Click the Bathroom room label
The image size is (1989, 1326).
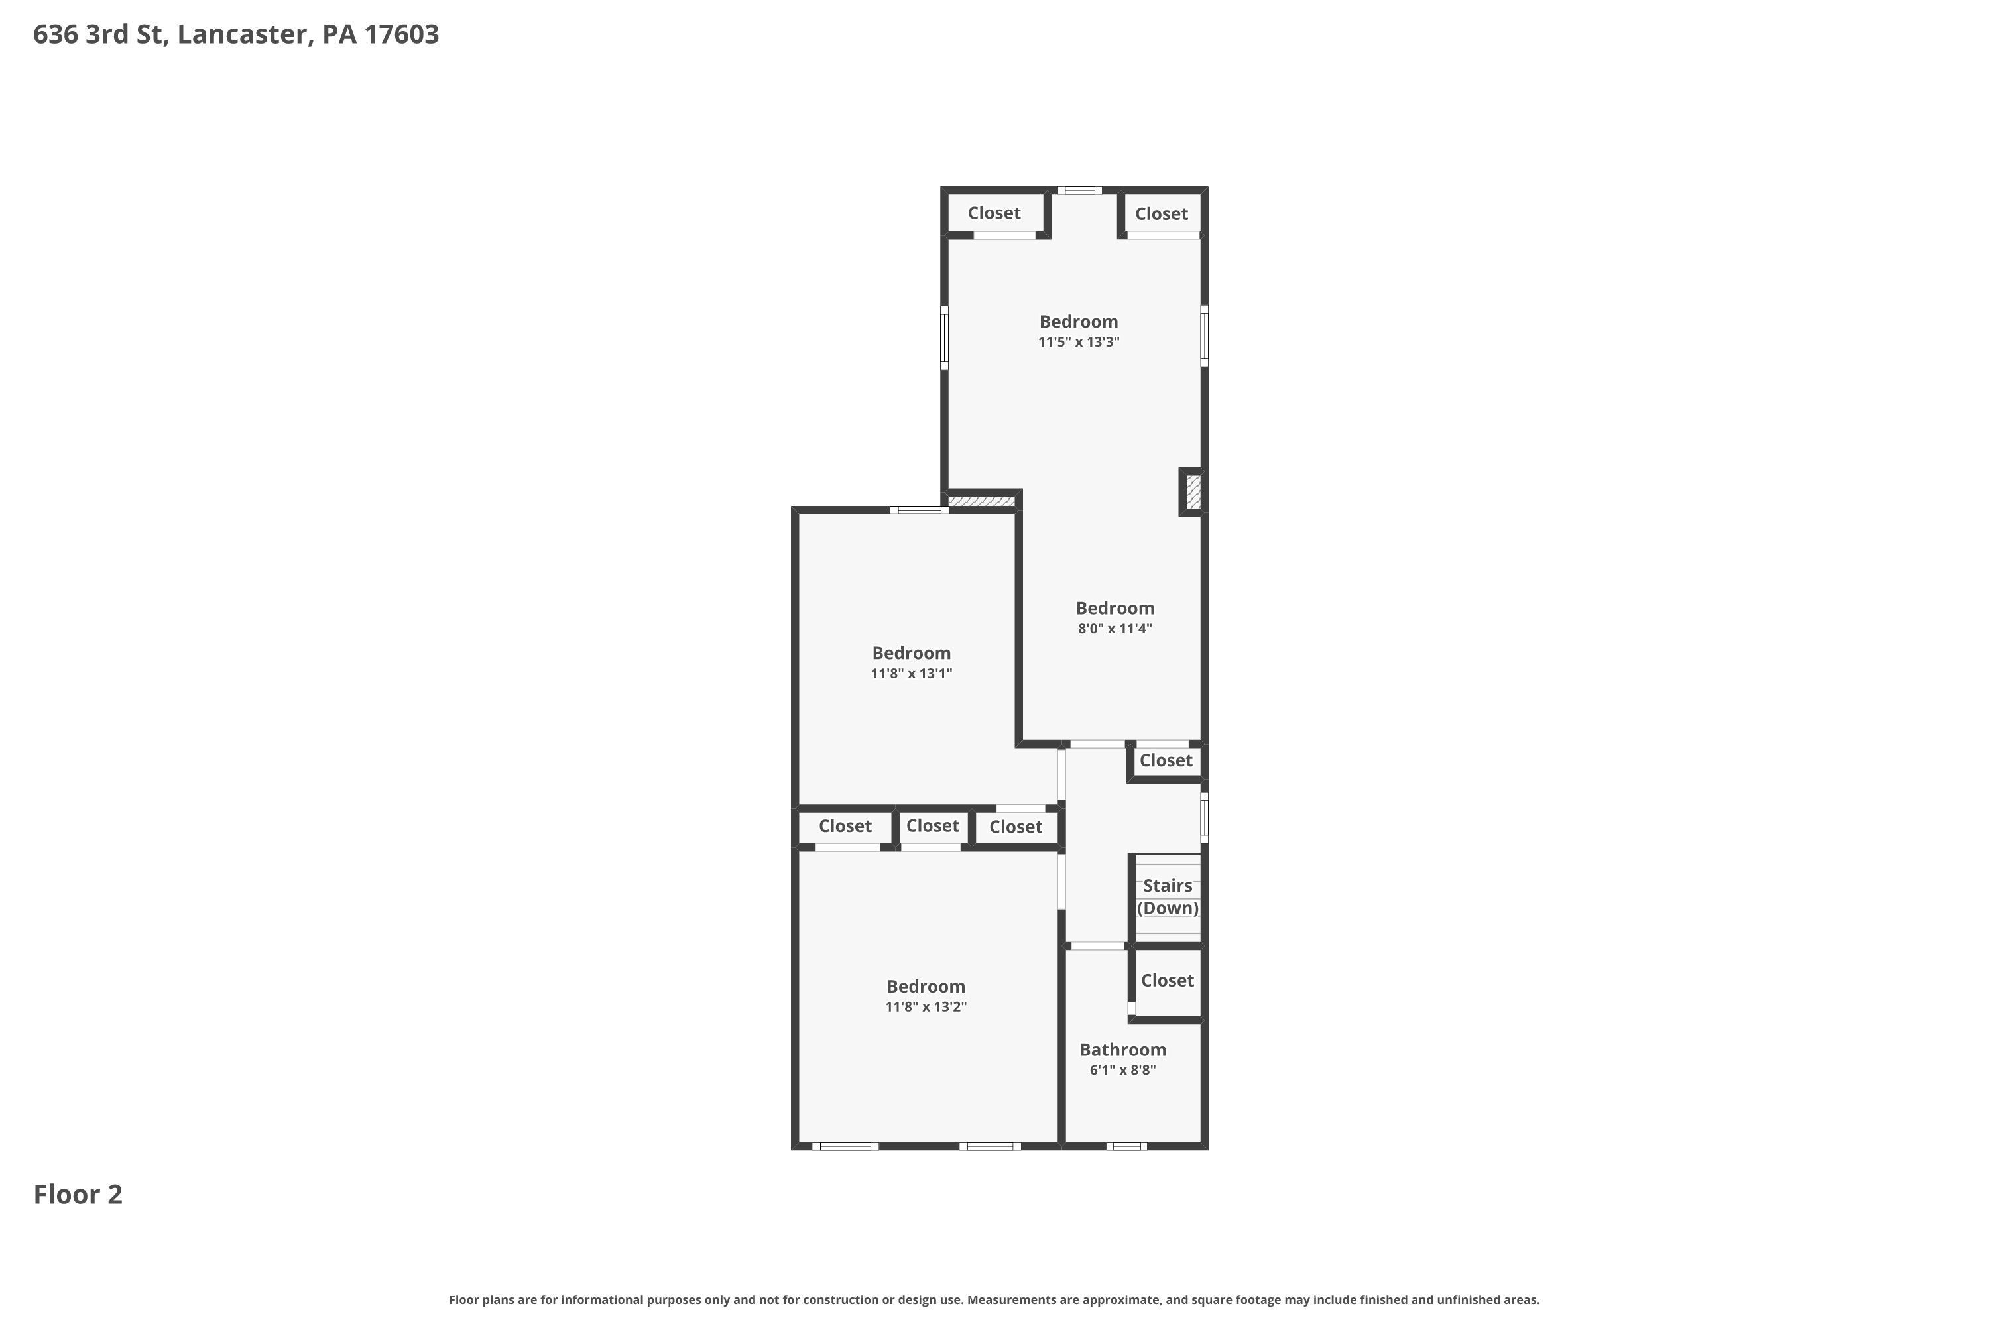[x=1122, y=1050]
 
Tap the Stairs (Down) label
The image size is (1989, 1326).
[x=1167, y=896]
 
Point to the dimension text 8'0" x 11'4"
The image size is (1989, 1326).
[x=1115, y=629]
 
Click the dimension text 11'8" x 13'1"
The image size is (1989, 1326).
[x=911, y=673]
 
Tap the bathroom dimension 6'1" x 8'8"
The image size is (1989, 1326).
[x=1122, y=1070]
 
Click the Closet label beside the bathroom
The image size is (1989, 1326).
[x=1167, y=980]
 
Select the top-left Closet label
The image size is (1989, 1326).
[x=994, y=213]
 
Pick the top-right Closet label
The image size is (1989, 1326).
[x=1161, y=214]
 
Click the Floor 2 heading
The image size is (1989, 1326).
[x=78, y=1194]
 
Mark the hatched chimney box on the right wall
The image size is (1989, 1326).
[x=1192, y=491]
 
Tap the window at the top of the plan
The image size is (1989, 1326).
[x=1079, y=190]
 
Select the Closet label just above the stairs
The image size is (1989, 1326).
[x=1166, y=760]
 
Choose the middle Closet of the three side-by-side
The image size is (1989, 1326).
[x=932, y=825]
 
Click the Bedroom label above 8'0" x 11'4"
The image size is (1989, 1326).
[x=1115, y=608]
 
